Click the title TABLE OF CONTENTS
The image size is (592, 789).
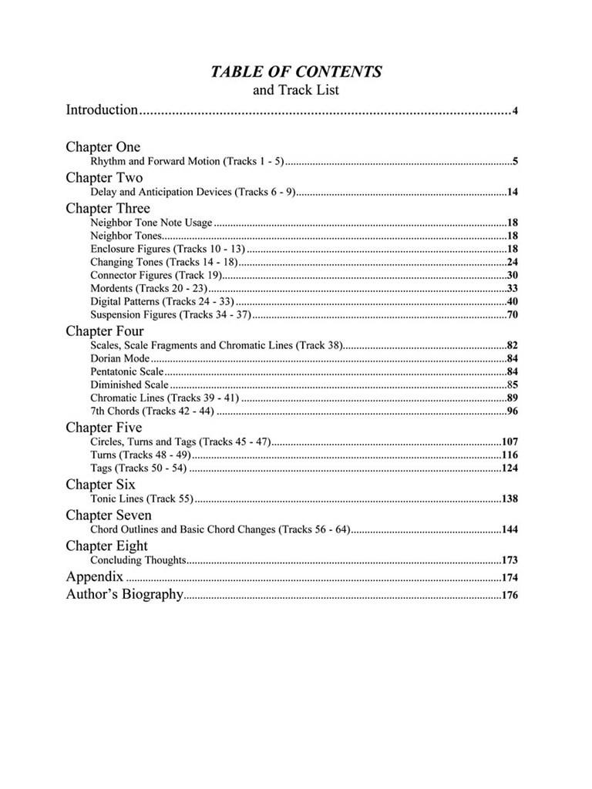pos(296,72)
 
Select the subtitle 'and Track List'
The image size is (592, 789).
pos(296,90)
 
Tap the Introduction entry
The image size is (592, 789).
pos(102,110)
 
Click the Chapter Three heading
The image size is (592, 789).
pos(108,209)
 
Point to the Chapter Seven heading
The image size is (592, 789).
pos(109,515)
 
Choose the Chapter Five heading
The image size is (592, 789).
pos(104,428)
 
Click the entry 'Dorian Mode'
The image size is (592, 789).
pos(119,358)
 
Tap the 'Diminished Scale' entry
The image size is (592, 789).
pos(129,384)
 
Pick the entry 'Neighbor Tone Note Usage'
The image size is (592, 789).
pos(150,223)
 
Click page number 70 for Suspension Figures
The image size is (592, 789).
pos(512,314)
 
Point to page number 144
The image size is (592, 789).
pos(509,529)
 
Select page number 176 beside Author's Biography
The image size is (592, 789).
pos(509,595)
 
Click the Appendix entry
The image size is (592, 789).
pos(94,576)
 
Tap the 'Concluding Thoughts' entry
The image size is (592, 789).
pos(138,560)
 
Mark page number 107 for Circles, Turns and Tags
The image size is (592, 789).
pos(509,442)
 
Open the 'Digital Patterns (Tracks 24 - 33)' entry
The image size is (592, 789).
pos(162,301)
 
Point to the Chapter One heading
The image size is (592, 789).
pos(103,147)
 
